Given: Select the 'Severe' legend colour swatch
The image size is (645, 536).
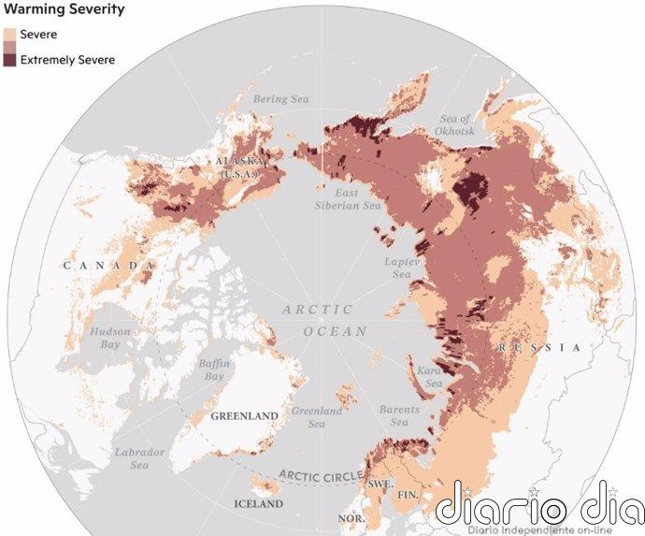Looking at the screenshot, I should [9, 35].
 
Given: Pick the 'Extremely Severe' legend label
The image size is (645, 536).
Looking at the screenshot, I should [67, 60].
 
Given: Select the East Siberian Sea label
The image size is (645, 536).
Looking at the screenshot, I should [347, 197].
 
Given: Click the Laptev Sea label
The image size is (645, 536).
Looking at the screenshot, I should [398, 268].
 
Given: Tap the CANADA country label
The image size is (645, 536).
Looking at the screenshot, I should [108, 267].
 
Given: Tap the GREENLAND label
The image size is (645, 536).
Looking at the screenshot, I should [244, 415].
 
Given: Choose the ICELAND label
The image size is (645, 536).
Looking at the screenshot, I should [257, 504].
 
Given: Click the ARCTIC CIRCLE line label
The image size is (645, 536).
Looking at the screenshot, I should [322, 475].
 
